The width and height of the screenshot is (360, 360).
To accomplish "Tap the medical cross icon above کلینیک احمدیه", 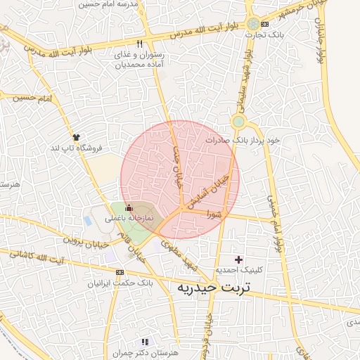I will (238, 259).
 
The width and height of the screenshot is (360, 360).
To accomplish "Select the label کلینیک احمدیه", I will (238, 270).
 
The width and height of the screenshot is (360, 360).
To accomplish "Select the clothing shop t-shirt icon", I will (76, 136).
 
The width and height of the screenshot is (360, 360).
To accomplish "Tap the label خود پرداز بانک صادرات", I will (243, 140).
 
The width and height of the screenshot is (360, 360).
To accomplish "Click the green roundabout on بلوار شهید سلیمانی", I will (239, 122).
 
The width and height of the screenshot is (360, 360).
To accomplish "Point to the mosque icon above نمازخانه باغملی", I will (128, 208).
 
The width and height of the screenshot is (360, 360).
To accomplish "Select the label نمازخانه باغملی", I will (129, 219).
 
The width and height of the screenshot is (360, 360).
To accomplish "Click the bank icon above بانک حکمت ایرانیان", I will (120, 272).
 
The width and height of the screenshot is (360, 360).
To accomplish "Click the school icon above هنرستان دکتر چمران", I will (145, 342).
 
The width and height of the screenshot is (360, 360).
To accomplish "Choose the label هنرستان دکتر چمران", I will (145, 352).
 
